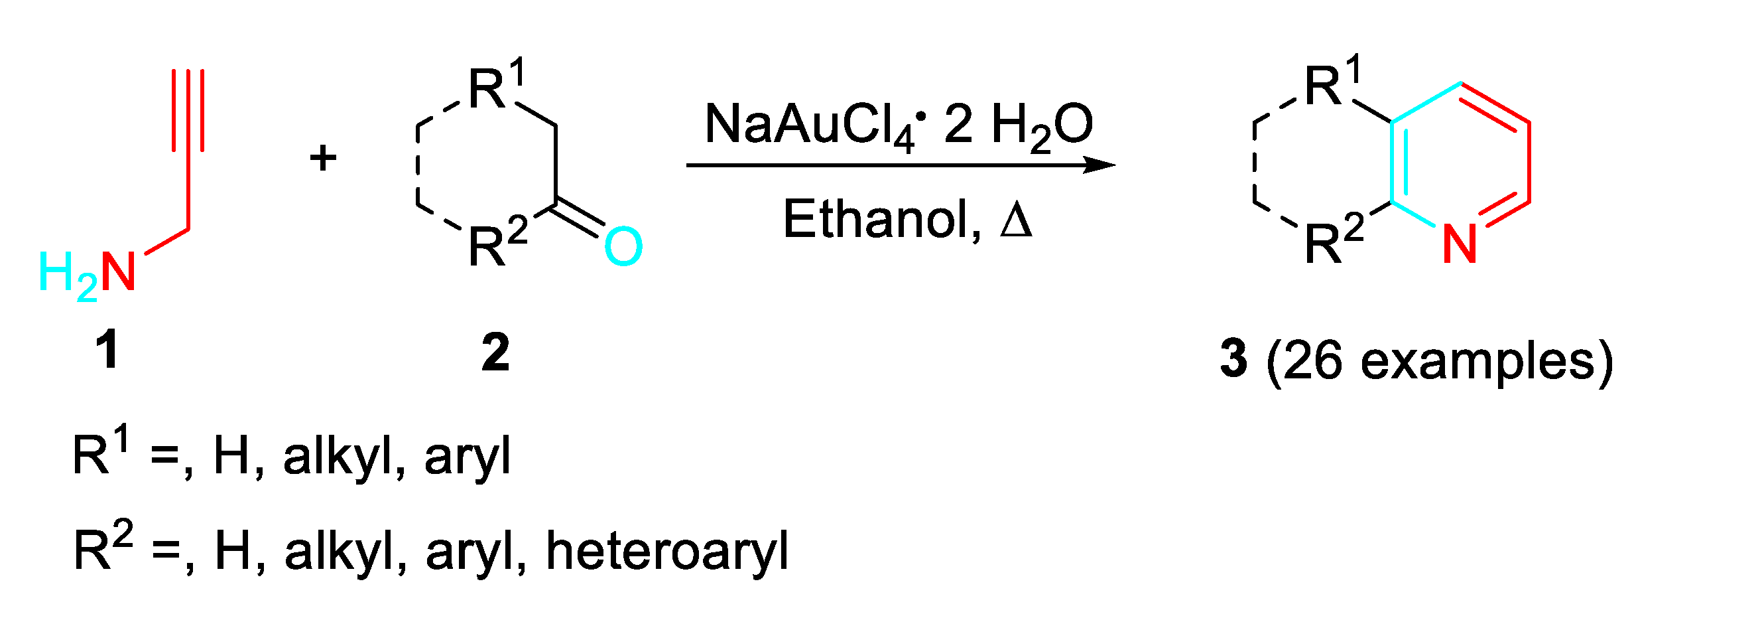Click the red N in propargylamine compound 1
(x=118, y=271)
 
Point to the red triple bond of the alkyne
(x=188, y=110)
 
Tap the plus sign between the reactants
(x=323, y=159)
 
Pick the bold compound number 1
(x=108, y=350)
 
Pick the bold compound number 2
(x=495, y=353)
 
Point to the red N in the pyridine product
(x=1460, y=244)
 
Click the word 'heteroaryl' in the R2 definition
(x=666, y=551)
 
